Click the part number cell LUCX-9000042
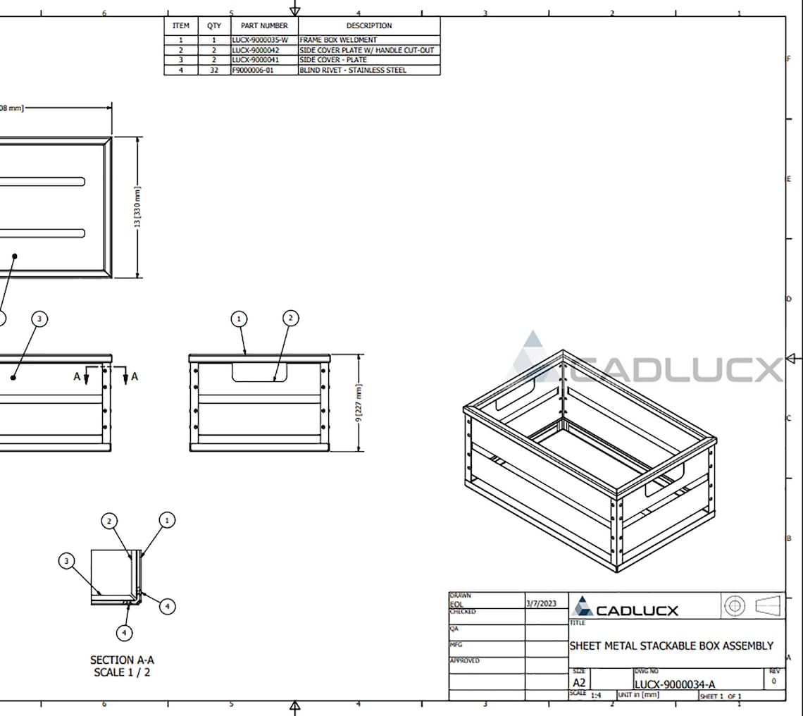[x=255, y=51]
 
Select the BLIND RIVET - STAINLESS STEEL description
[x=353, y=70]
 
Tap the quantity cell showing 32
[x=214, y=70]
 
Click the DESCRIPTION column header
[x=368, y=25]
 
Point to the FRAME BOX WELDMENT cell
[x=338, y=41]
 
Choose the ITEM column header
[x=181, y=25]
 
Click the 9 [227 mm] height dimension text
[x=359, y=403]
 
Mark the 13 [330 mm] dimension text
[x=137, y=206]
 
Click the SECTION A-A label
[x=122, y=660]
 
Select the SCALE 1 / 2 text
[x=122, y=672]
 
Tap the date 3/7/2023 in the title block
[x=541, y=603]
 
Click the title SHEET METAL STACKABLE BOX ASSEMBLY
[x=671, y=646]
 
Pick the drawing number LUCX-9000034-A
[x=674, y=684]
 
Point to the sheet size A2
[x=579, y=683]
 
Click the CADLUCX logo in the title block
[x=625, y=608]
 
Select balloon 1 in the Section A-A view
[x=167, y=521]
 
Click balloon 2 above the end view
[x=290, y=319]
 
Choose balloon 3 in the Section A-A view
[x=66, y=561]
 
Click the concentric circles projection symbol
[x=734, y=605]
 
